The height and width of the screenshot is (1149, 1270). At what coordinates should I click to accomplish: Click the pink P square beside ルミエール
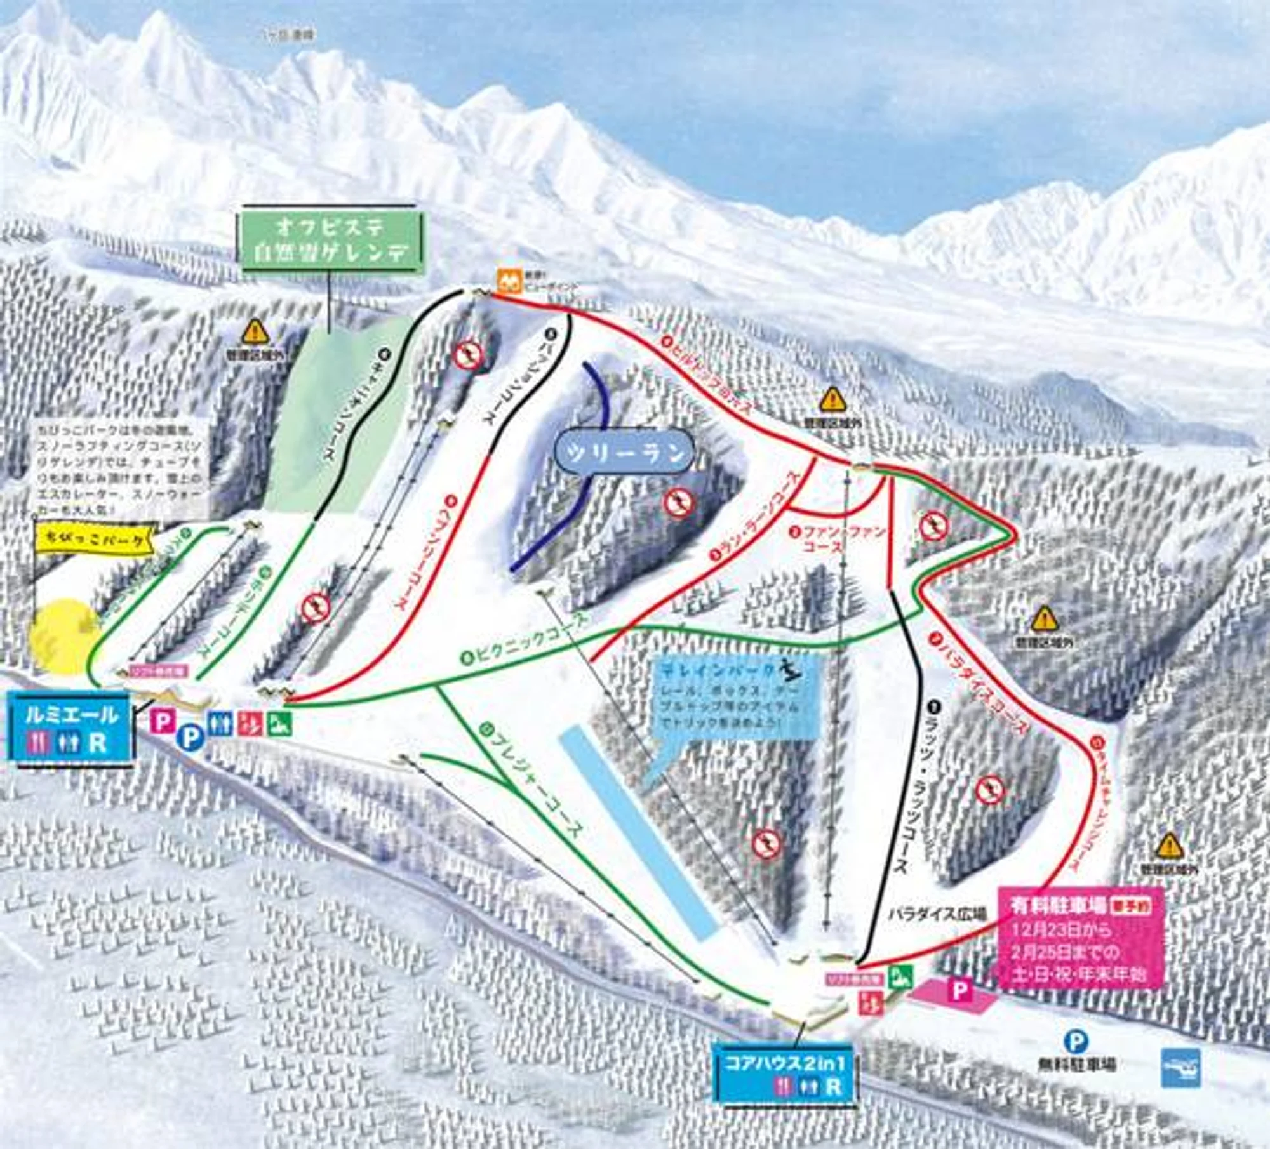[164, 722]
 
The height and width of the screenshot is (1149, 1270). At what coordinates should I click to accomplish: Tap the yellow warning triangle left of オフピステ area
[255, 329]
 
